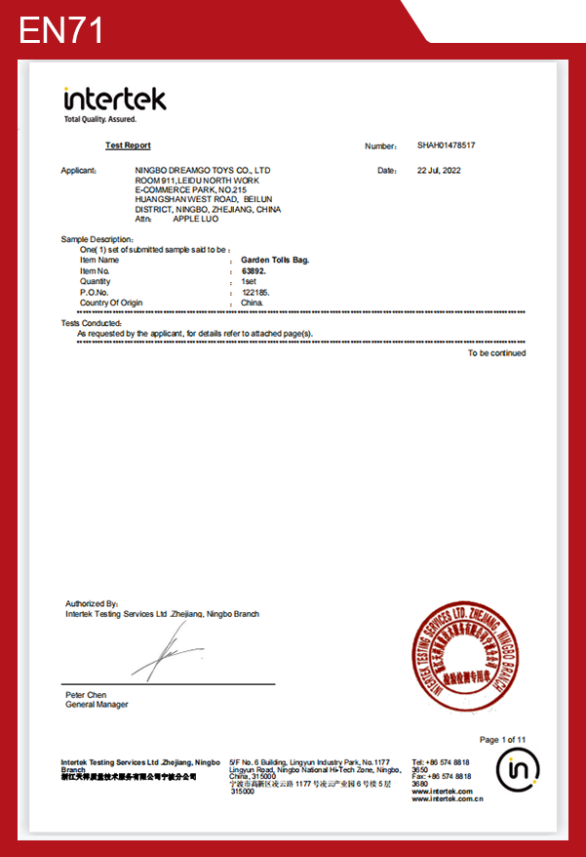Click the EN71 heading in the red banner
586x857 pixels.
click(61, 30)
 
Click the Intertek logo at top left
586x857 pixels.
click(114, 102)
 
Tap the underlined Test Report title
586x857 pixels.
click(128, 145)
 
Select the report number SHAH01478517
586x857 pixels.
click(446, 145)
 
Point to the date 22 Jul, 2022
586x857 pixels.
click(438, 170)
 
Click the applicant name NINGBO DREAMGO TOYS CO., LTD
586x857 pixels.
click(202, 170)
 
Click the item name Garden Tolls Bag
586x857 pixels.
click(275, 261)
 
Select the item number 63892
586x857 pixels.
click(254, 271)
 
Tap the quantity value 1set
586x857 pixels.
click(249, 282)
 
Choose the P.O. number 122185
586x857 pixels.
click(255, 293)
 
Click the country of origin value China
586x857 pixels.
click(252, 304)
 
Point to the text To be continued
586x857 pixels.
click(496, 353)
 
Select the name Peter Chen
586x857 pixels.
click(86, 694)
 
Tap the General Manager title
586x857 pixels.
click(97, 704)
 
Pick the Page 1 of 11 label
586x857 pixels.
click(502, 740)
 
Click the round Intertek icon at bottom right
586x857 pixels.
click(517, 771)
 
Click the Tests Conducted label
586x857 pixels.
click(91, 323)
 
